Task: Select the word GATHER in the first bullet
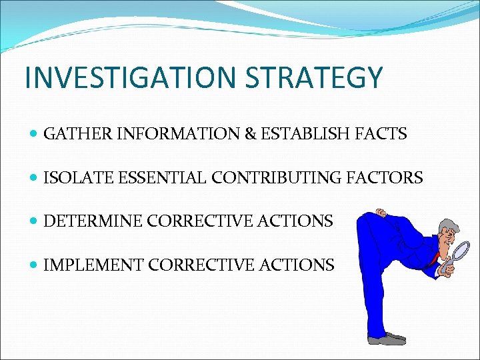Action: pyautogui.click(x=69, y=134)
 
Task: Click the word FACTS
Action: pyautogui.click(x=382, y=134)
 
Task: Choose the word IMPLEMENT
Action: pyautogui.click(x=93, y=265)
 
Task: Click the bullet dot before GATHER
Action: pyautogui.click(x=34, y=135)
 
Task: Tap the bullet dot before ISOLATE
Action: pyautogui.click(x=34, y=179)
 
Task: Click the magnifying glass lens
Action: pyautogui.click(x=460, y=251)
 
